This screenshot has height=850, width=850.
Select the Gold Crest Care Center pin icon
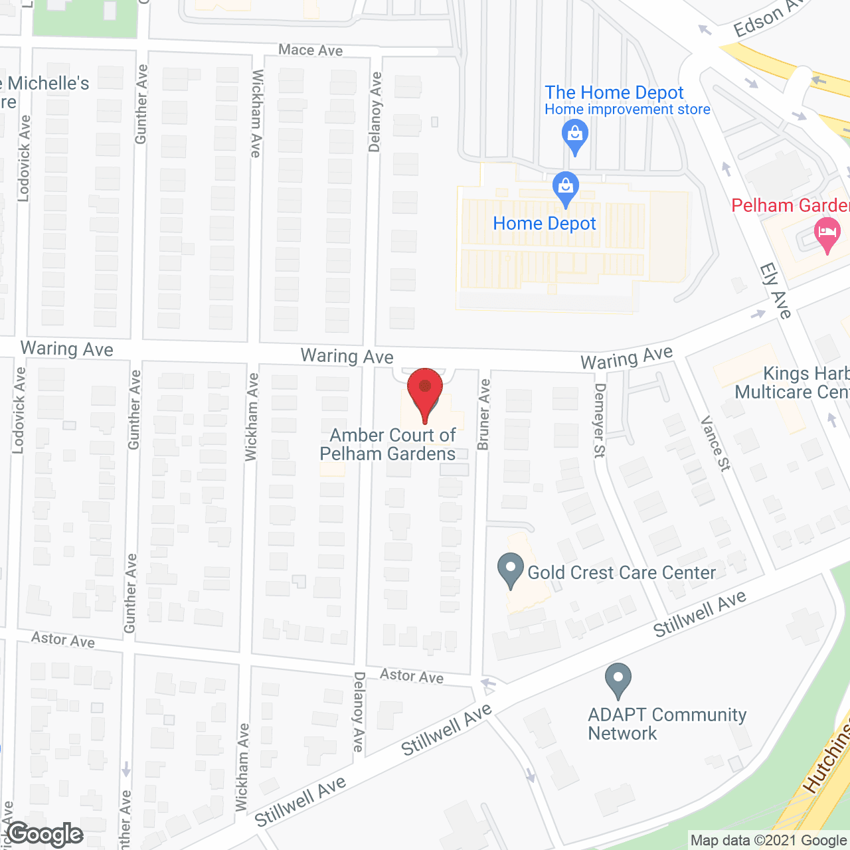[x=511, y=570]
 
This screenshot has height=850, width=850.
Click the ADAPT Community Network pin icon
[x=618, y=681]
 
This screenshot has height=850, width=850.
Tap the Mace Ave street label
[x=310, y=50]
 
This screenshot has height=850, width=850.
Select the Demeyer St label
[x=600, y=420]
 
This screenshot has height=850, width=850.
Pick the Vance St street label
[x=715, y=444]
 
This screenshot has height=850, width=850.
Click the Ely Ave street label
[x=775, y=291]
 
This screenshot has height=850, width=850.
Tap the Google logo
[x=45, y=834]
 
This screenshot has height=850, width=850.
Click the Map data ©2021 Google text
[x=768, y=841]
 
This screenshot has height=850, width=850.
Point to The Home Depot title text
[x=614, y=92]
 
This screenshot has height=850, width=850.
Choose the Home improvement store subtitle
[x=627, y=110]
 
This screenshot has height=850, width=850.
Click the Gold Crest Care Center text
[x=622, y=572]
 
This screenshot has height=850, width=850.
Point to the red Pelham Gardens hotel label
[x=790, y=205]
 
